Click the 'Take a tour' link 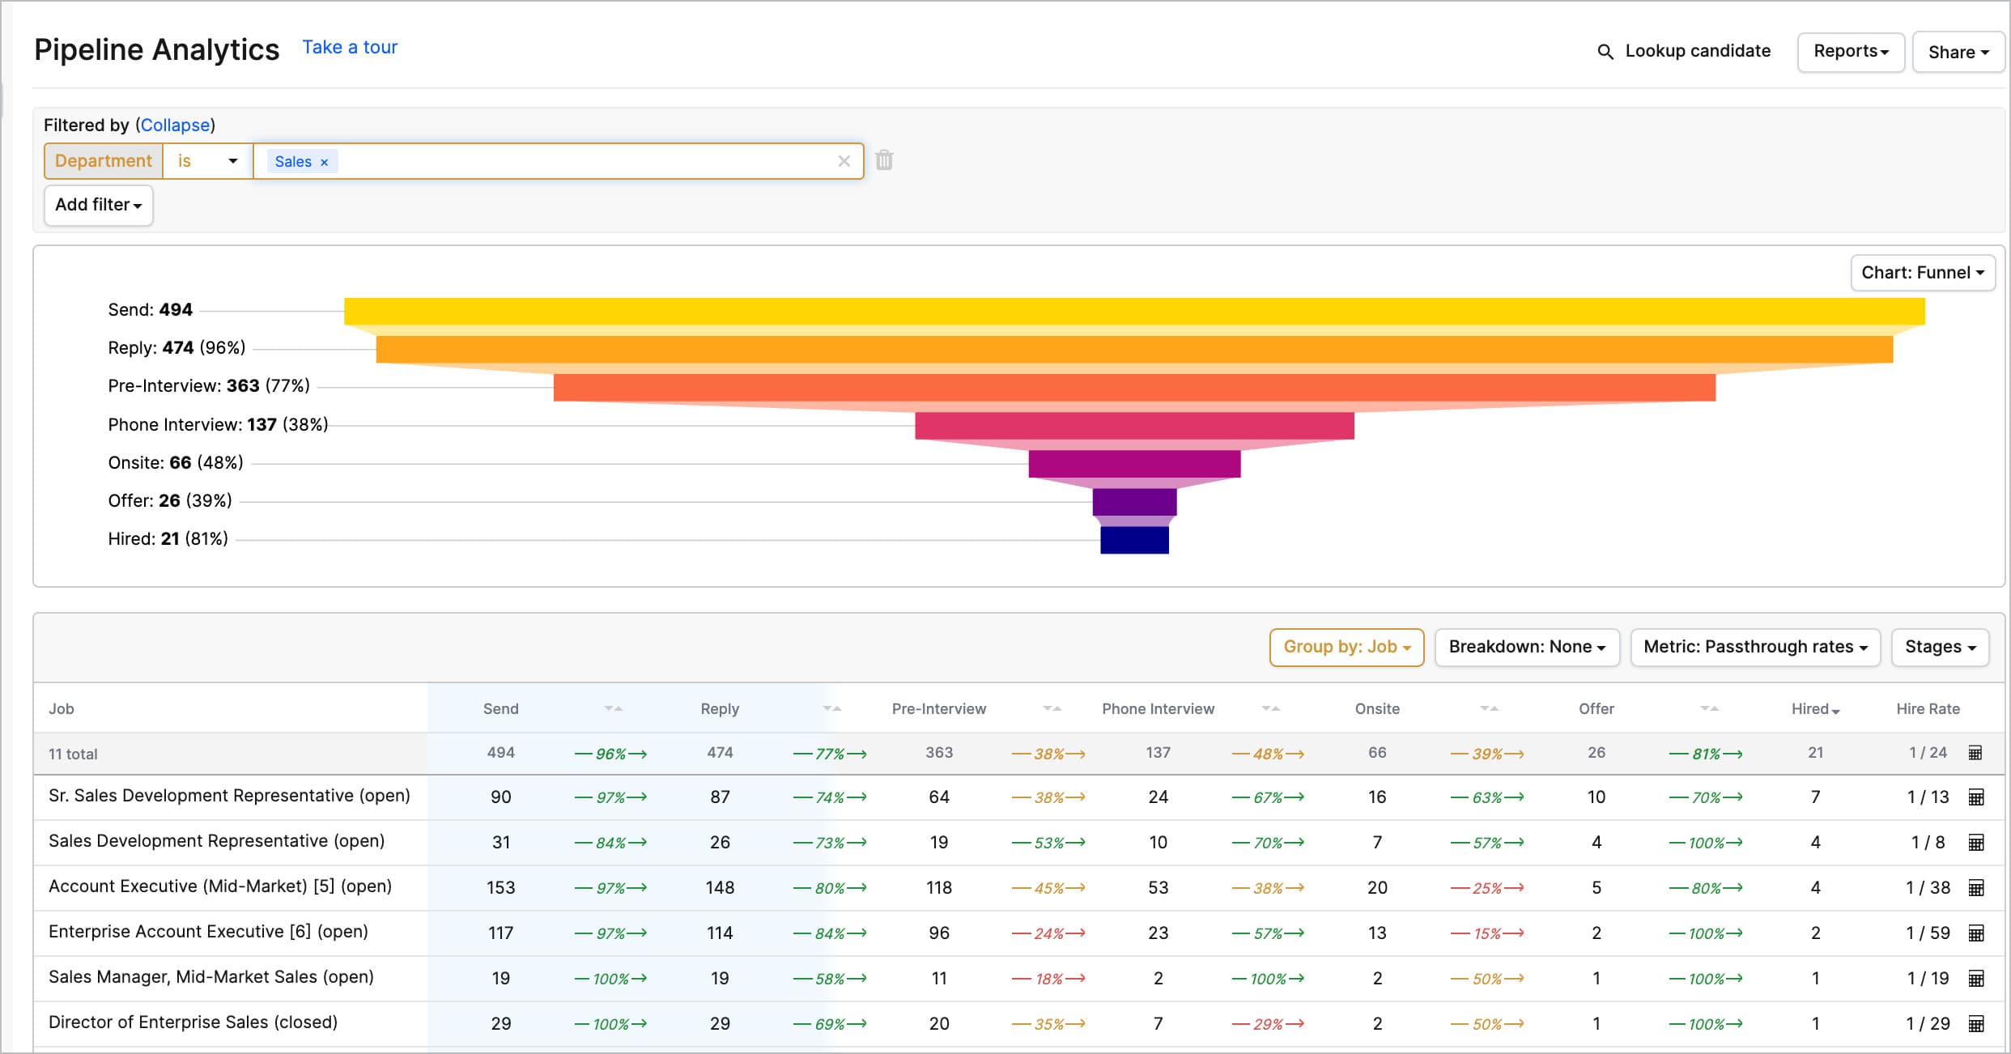tap(350, 48)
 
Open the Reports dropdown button tap(1850, 52)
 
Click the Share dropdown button tap(1958, 53)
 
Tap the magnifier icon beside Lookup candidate tap(1605, 52)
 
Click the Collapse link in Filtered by tap(175, 125)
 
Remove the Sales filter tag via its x tap(325, 162)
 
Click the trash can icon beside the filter tap(884, 160)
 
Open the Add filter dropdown tap(98, 205)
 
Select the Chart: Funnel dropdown tap(1922, 273)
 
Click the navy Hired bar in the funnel tap(1134, 540)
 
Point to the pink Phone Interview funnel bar tap(1134, 426)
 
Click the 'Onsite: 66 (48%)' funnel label tap(176, 463)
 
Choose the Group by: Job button tap(1346, 647)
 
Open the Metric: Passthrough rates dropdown tap(1754, 647)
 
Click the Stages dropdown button tap(1940, 647)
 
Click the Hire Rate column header tap(1928, 709)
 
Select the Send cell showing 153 tap(500, 888)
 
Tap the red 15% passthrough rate tap(1486, 933)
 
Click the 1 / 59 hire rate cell tap(1928, 933)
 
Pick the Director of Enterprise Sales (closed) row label tap(193, 1022)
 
